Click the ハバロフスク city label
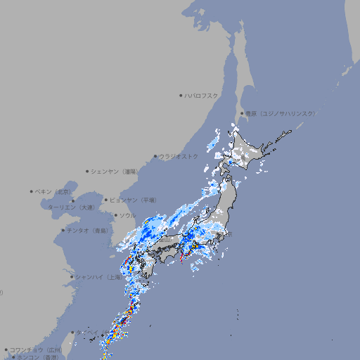[x=202, y=95]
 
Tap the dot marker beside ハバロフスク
[x=181, y=95]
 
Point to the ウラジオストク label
[x=179, y=156]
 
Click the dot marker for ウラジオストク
[x=155, y=157]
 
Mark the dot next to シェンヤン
[x=87, y=171]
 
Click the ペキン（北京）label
[x=54, y=191]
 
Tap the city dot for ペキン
[x=32, y=191]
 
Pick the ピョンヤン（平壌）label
[x=134, y=200]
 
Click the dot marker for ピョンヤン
[x=107, y=200]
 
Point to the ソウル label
[x=127, y=215]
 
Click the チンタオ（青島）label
[x=88, y=230]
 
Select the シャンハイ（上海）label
[x=98, y=277]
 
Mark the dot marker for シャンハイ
[x=72, y=277]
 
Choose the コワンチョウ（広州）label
[x=36, y=349]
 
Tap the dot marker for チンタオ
[x=63, y=230]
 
